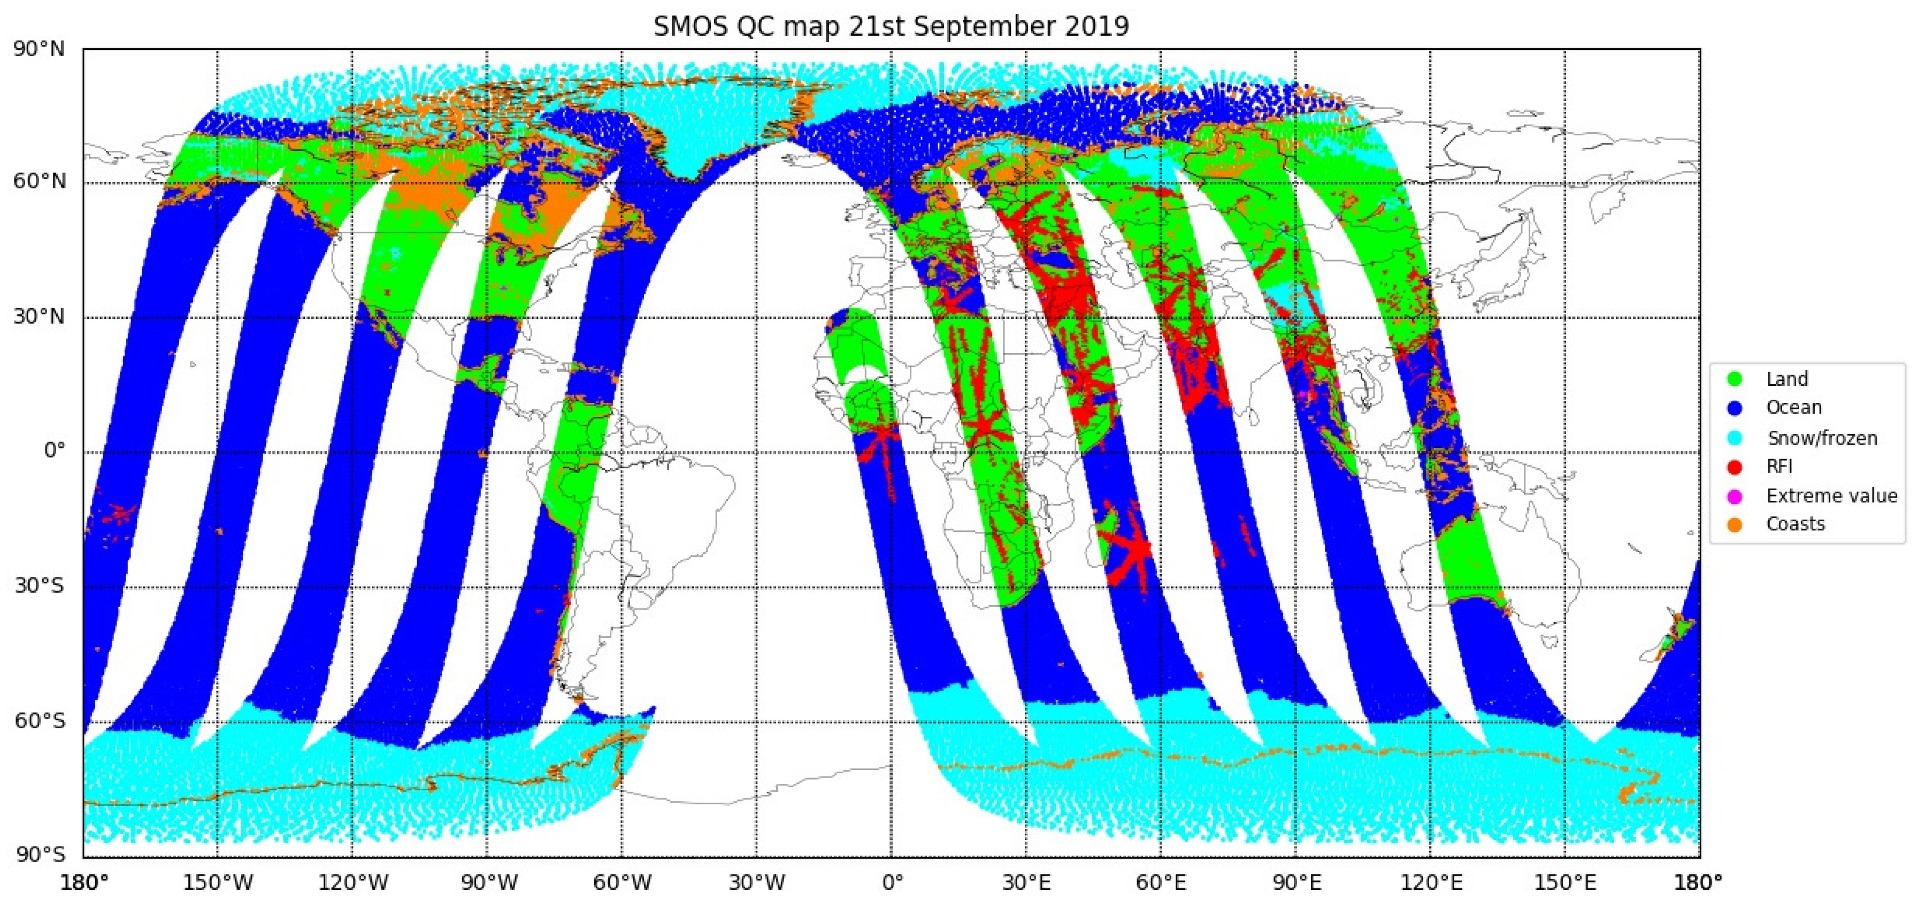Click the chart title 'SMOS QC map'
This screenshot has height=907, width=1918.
click(x=753, y=27)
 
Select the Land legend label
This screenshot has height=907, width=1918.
click(x=1786, y=379)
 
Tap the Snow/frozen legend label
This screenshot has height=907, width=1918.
click(x=1822, y=438)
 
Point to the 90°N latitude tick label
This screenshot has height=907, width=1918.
click(x=39, y=49)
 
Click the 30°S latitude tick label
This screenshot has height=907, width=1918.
click(x=39, y=586)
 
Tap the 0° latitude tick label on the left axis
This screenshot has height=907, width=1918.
click(x=53, y=451)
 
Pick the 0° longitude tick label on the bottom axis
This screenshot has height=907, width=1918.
click(x=892, y=883)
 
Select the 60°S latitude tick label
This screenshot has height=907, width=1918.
click(x=39, y=721)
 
